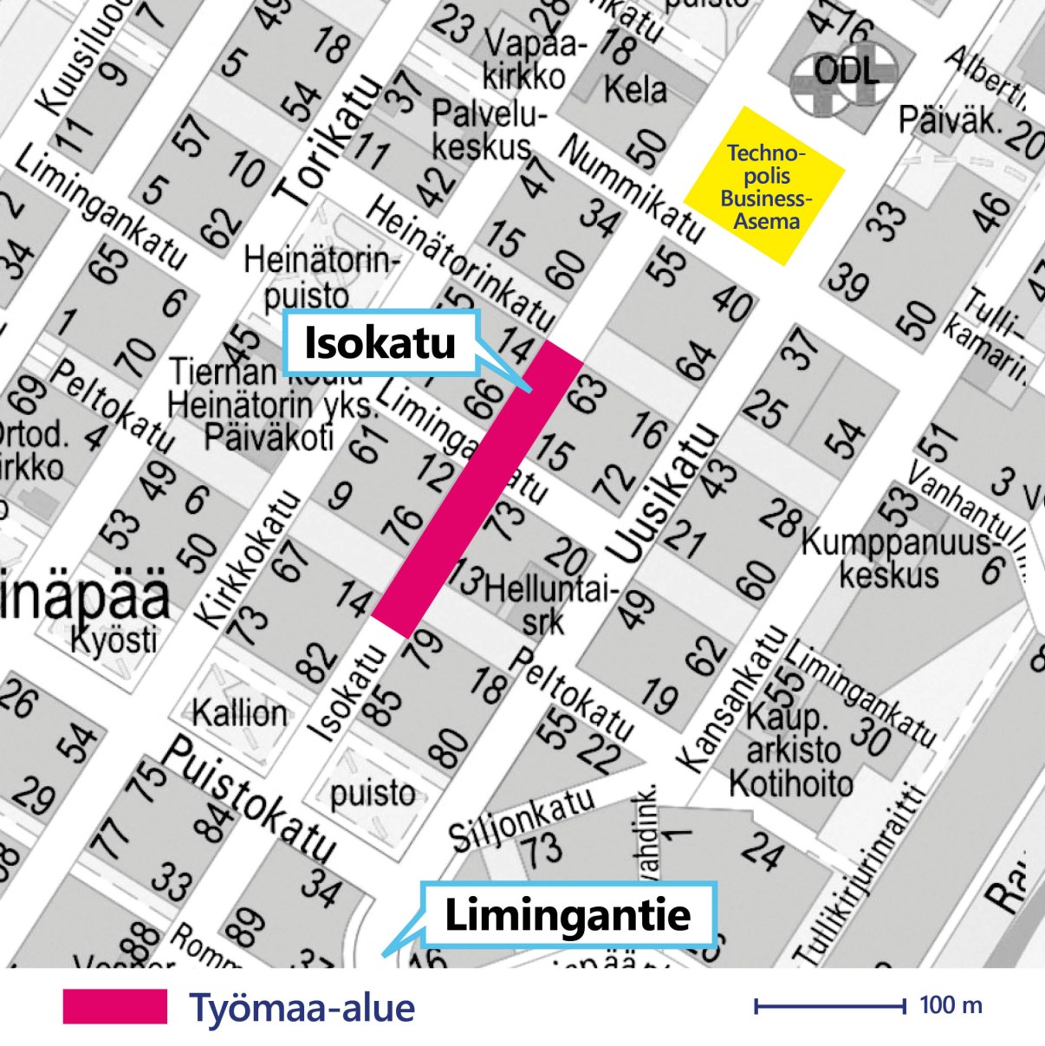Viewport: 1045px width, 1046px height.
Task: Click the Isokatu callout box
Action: [380, 342]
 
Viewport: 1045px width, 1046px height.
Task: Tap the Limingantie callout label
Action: [568, 915]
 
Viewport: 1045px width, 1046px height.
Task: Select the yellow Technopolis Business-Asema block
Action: [764, 186]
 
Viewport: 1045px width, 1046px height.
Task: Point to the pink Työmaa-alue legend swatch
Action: [114, 1007]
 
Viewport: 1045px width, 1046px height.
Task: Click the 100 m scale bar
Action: [830, 1005]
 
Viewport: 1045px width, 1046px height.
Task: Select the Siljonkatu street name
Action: [521, 818]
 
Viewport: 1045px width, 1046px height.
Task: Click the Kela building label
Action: [635, 88]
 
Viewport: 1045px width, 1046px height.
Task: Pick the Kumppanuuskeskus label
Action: [892, 559]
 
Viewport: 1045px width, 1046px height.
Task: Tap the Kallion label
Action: [239, 713]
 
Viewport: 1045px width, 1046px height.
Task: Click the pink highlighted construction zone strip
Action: [477, 490]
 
